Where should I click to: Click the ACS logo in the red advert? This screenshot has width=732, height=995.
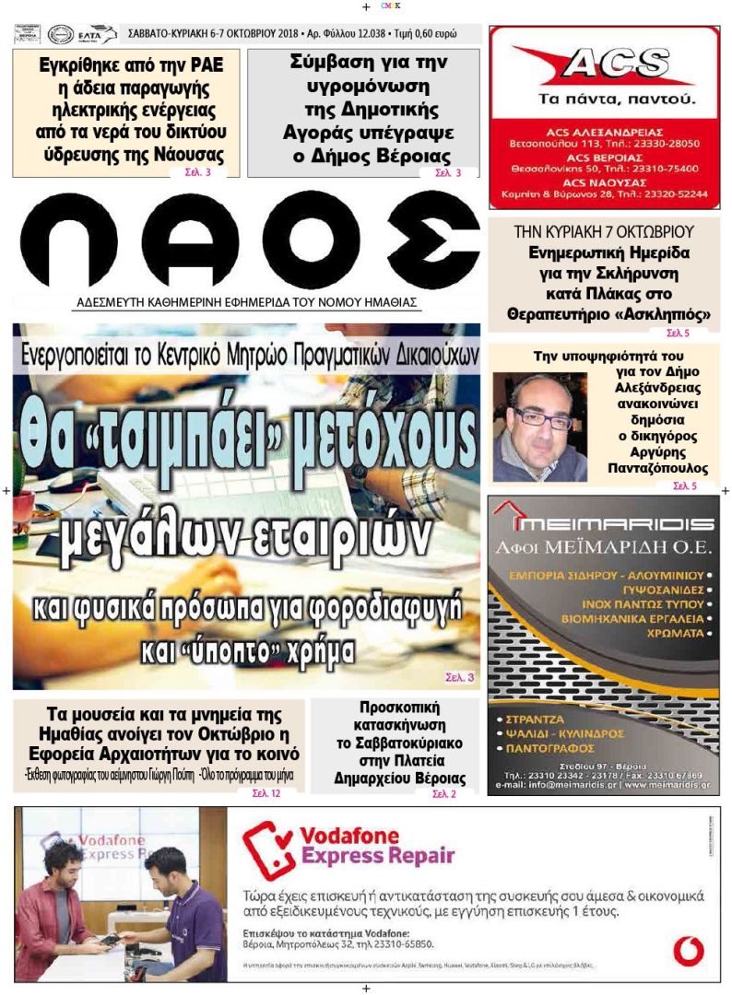click(x=603, y=65)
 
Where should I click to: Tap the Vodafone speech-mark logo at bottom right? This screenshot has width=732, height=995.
click(x=688, y=950)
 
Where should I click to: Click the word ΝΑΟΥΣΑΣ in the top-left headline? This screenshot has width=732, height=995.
click(x=189, y=154)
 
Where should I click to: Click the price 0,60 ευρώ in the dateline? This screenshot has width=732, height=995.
click(x=446, y=34)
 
